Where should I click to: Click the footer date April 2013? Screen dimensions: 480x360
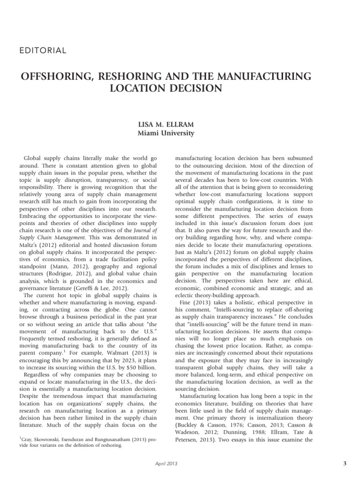pyautogui.click(x=166, y=464)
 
